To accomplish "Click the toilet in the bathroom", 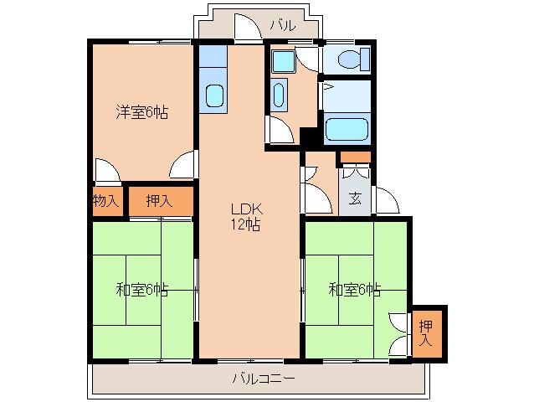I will pyautogui.click(x=350, y=59).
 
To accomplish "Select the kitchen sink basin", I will pyautogui.click(x=214, y=95).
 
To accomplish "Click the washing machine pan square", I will pyautogui.click(x=281, y=60).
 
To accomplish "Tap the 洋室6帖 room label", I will pyautogui.click(x=141, y=112).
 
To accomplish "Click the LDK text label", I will pyautogui.click(x=247, y=209).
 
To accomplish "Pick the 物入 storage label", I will pyautogui.click(x=106, y=201).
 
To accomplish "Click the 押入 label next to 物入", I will pyautogui.click(x=159, y=201).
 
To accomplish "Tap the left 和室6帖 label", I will pyautogui.click(x=141, y=290).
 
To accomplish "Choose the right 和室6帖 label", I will pyautogui.click(x=354, y=290).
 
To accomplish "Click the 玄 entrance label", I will pyautogui.click(x=355, y=199).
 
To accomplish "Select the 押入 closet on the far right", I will pyautogui.click(x=426, y=333).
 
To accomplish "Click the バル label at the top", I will pyautogui.click(x=282, y=26).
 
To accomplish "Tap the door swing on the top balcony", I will pyautogui.click(x=246, y=30).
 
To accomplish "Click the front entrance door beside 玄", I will pyautogui.click(x=385, y=202).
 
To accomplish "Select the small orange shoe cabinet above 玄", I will pyautogui.click(x=355, y=157).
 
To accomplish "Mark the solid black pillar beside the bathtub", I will pyautogui.click(x=310, y=139).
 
